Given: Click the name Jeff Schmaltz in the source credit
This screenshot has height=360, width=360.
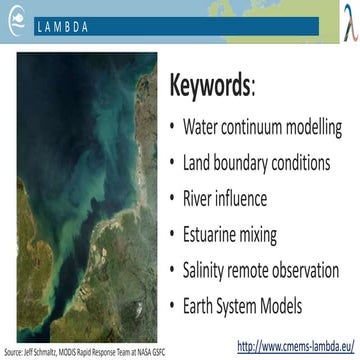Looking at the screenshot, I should (x=43, y=352).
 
